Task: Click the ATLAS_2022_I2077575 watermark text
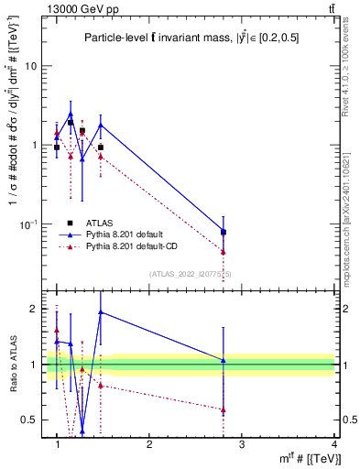(x=191, y=273)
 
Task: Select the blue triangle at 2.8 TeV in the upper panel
(x=224, y=231)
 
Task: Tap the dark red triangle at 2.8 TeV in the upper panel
(x=224, y=252)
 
